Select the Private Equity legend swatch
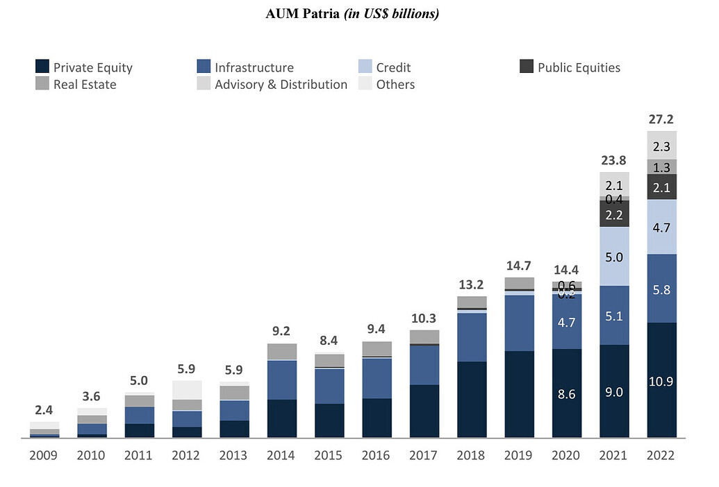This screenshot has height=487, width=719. pyautogui.click(x=42, y=67)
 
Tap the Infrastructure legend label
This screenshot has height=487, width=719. pyautogui.click(x=254, y=67)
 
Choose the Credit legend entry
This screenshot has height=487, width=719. pyautogui.click(x=393, y=67)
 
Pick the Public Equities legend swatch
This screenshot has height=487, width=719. pyautogui.click(x=527, y=67)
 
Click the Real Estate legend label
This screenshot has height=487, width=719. pyautogui.click(x=85, y=85)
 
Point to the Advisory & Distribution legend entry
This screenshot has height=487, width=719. pyautogui.click(x=281, y=85)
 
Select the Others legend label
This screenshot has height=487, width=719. pyautogui.click(x=395, y=85)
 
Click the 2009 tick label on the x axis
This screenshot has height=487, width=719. pyautogui.click(x=44, y=456)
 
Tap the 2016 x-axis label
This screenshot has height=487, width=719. pyautogui.click(x=377, y=456)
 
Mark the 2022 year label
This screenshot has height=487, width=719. pyautogui.click(x=661, y=456)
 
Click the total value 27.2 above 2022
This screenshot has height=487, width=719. pyautogui.click(x=661, y=119)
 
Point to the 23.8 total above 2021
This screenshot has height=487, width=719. pyautogui.click(x=614, y=160)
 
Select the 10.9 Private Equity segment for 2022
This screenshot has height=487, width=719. pyautogui.click(x=661, y=381)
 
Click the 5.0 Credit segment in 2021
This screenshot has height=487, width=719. pyautogui.click(x=614, y=257)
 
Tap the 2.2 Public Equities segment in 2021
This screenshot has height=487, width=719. pyautogui.click(x=614, y=214)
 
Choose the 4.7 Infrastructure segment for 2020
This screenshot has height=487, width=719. pyautogui.click(x=567, y=322)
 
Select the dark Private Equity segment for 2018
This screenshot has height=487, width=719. pyautogui.click(x=472, y=399)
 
